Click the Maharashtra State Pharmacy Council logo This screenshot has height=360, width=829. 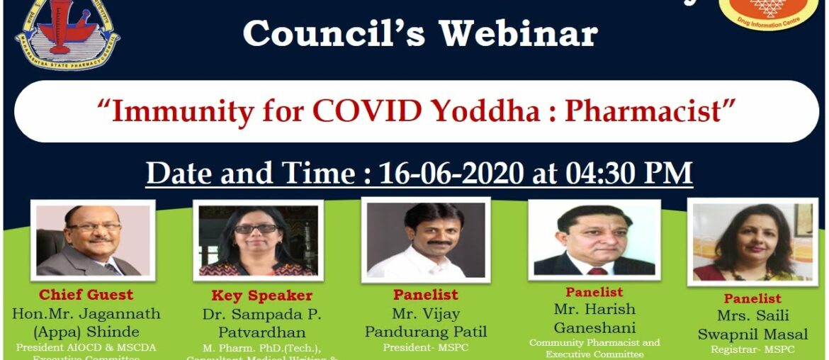click(68, 32)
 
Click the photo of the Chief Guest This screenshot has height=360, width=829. click(93, 240)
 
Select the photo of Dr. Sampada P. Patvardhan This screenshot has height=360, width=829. click(258, 240)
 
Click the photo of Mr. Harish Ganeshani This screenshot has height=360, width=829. click(594, 240)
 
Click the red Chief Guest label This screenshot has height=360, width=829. click(86, 295)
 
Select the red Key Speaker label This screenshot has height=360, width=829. click(261, 296)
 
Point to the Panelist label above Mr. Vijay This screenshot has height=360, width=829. click(426, 294)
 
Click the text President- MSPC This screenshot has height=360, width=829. click(426, 347)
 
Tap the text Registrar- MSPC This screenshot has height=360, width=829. click(752, 349)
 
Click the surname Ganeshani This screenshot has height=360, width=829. click(594, 328)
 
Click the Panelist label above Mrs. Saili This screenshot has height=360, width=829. click(752, 298)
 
